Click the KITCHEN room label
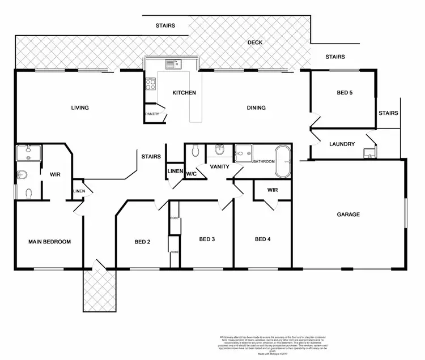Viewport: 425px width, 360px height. [184, 93]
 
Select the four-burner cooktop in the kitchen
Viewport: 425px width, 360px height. [151, 85]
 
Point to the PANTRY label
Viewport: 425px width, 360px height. [152, 114]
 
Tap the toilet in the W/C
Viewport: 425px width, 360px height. [195, 151]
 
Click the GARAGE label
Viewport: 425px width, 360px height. [348, 214]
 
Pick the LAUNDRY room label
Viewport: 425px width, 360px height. [342, 144]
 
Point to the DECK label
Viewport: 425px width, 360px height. [254, 42]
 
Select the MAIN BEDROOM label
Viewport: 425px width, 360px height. [50, 242]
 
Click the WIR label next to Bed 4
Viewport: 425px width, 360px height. [272, 190]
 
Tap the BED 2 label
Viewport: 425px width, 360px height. [142, 242]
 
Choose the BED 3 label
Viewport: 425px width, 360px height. [207, 239]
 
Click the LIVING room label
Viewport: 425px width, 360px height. [79, 108]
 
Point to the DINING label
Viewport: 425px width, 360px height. [256, 108]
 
